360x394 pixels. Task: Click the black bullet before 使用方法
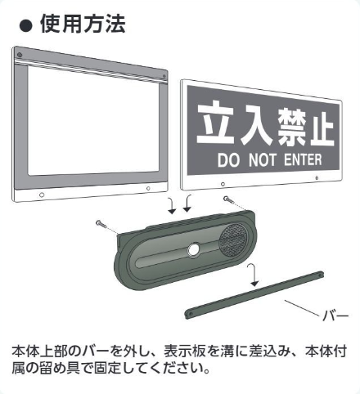click(26, 26)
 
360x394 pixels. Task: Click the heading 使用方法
click(83, 24)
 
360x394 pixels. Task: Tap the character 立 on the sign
click(216, 122)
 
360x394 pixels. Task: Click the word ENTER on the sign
click(303, 159)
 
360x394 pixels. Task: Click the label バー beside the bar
click(335, 316)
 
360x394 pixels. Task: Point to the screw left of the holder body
click(100, 224)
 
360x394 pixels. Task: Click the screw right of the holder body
click(227, 199)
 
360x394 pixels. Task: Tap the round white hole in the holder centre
click(194, 250)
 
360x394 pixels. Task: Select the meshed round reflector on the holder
click(233, 240)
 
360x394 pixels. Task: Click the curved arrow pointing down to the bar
click(253, 275)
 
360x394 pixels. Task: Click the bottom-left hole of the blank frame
click(42, 195)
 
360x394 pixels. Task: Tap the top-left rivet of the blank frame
click(20, 55)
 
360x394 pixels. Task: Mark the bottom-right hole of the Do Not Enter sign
click(317, 178)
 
